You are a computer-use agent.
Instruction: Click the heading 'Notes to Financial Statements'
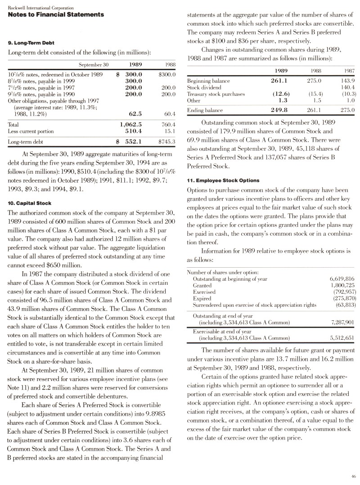tap(56, 14)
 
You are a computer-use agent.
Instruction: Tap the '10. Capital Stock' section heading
tap(30, 202)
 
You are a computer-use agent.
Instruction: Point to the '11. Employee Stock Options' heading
tap(223, 180)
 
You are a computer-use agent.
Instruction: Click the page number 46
tap(354, 476)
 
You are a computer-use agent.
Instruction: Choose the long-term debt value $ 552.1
tap(130, 141)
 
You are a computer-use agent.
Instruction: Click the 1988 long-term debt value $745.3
tap(166, 141)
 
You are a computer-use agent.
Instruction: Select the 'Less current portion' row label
tap(31, 131)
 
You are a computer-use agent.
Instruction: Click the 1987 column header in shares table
tap(349, 71)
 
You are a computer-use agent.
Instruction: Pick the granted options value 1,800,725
tap(342, 285)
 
